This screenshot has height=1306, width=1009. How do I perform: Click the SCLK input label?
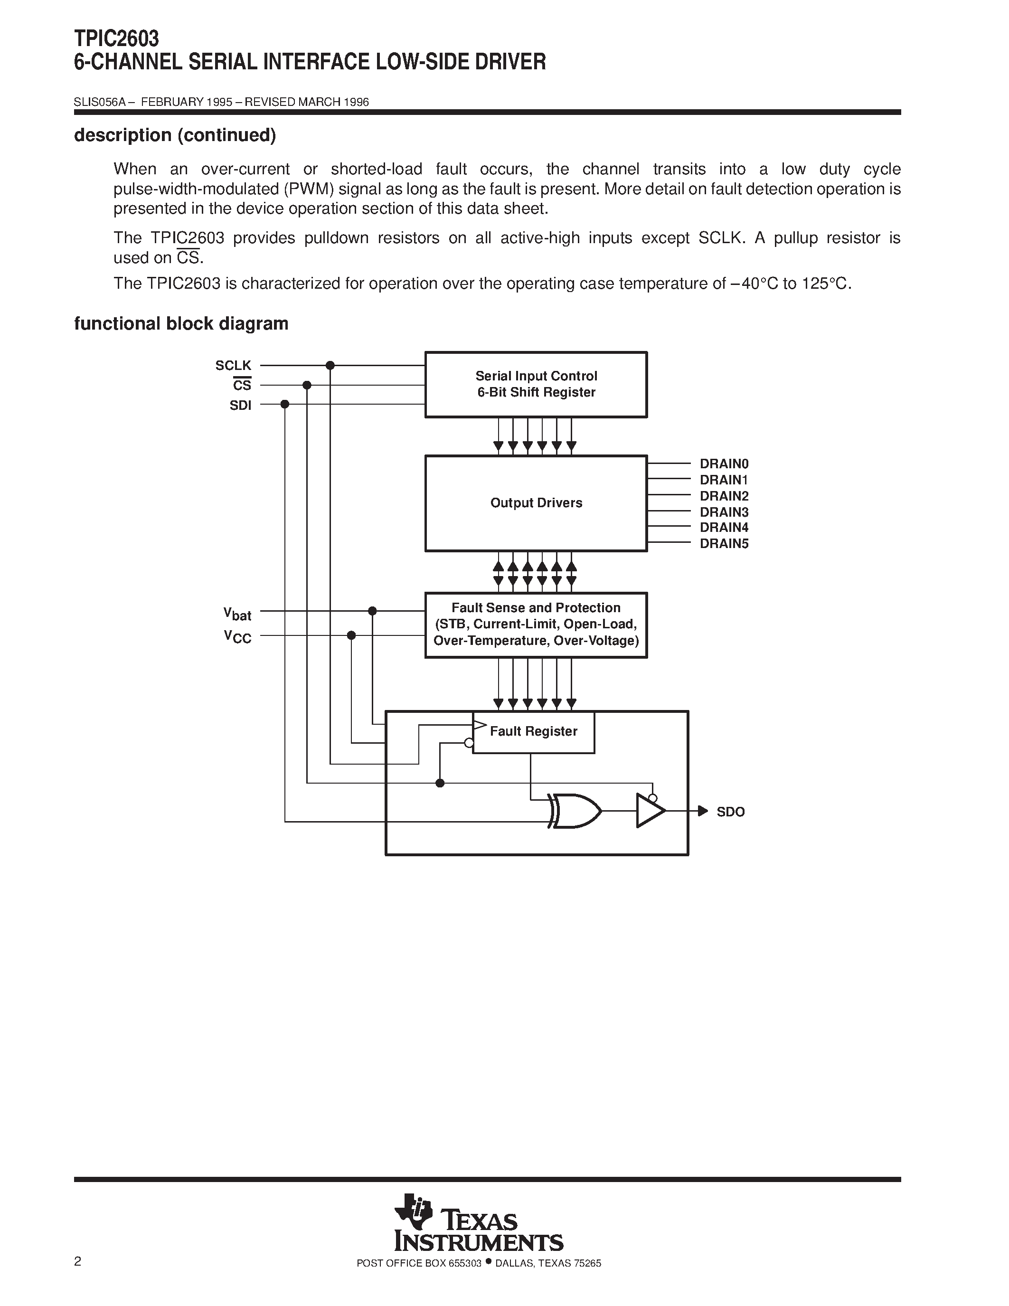click(233, 365)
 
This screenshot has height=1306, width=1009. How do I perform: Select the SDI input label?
click(240, 406)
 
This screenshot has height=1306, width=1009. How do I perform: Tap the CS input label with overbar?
click(242, 385)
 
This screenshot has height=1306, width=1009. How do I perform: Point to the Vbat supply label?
click(237, 614)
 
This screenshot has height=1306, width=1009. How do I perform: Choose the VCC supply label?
click(237, 637)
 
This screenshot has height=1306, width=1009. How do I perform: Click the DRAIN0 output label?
click(724, 464)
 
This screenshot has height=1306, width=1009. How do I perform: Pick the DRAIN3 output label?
click(724, 512)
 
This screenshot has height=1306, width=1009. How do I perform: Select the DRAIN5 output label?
click(724, 544)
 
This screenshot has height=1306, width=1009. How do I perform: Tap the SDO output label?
click(730, 812)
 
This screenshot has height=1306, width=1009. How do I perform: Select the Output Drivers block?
click(536, 503)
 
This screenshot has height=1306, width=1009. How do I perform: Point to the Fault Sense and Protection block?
click(536, 625)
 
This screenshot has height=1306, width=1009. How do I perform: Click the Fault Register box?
click(533, 731)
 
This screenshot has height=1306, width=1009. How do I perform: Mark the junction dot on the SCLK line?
click(330, 365)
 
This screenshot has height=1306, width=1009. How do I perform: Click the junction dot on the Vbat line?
click(372, 611)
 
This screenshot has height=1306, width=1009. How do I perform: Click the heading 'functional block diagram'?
click(181, 323)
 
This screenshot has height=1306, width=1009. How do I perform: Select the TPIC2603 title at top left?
click(116, 39)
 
